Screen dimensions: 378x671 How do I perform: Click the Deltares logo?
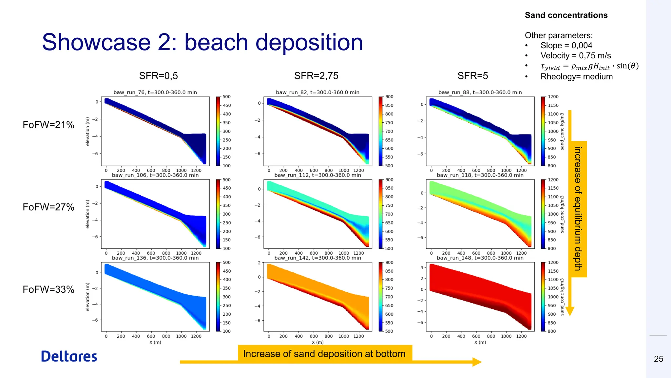coord(69,356)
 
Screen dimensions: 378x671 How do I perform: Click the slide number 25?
coord(658,359)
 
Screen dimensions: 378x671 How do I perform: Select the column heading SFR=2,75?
coord(316,76)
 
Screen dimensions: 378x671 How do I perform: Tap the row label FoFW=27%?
coord(48,207)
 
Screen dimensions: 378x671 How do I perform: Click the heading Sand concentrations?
coord(566,15)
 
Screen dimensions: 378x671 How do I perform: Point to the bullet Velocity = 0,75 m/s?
coord(575,55)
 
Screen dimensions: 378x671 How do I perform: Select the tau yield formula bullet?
coord(589,66)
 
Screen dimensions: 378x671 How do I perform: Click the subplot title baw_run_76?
coord(155,93)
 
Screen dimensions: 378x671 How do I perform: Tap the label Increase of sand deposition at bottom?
coord(324,354)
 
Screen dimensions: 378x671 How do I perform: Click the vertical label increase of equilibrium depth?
coord(578,209)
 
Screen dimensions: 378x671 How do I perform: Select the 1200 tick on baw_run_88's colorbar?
coord(553,97)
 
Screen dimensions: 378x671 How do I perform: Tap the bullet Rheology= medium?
coord(576,77)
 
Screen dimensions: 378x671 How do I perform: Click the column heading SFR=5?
coord(472,76)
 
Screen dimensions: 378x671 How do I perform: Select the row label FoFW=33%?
coord(48,289)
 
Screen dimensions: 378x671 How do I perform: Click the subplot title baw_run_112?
coord(317,175)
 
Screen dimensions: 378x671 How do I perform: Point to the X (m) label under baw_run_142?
coord(317,342)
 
